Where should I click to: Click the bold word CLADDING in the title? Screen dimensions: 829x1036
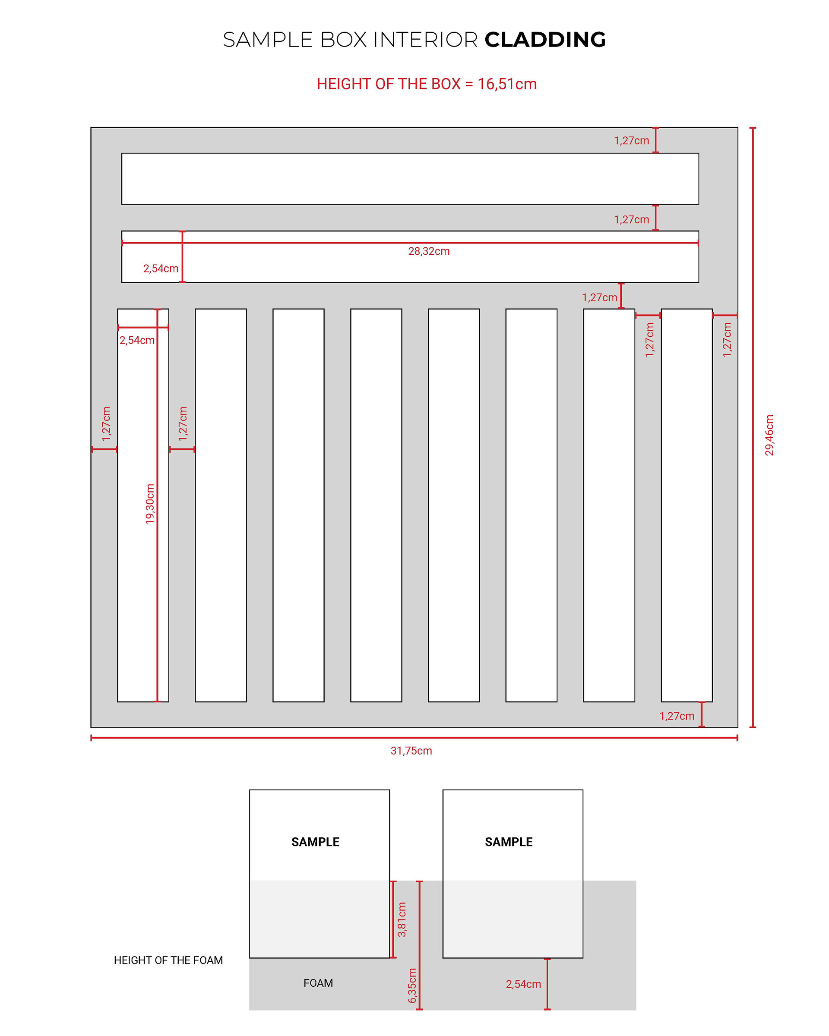(545, 40)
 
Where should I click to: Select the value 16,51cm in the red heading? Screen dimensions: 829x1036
(506, 84)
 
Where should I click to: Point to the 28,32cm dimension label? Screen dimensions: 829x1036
(429, 251)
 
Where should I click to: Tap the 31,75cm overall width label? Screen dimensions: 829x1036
(411, 751)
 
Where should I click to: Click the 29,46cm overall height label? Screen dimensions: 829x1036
(769, 435)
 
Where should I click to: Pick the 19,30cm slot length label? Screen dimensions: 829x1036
(150, 504)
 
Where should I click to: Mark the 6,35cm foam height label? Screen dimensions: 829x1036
(412, 985)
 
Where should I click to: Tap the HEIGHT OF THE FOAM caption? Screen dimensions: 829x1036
(168, 960)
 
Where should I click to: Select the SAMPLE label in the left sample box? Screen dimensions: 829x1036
(315, 842)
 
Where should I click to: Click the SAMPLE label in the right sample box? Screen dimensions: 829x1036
(509, 842)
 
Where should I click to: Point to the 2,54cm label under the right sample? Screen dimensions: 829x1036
(523, 984)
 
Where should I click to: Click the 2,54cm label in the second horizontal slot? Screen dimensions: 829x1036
(161, 268)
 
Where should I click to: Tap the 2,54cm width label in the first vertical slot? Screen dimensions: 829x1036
(137, 340)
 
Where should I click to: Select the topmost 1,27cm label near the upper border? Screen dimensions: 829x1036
(631, 141)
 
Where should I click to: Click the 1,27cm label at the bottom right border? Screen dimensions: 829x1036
(677, 716)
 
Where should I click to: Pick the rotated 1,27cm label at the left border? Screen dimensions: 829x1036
(106, 424)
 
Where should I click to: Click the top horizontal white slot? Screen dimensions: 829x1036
(410, 179)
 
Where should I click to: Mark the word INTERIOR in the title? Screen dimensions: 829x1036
(425, 40)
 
